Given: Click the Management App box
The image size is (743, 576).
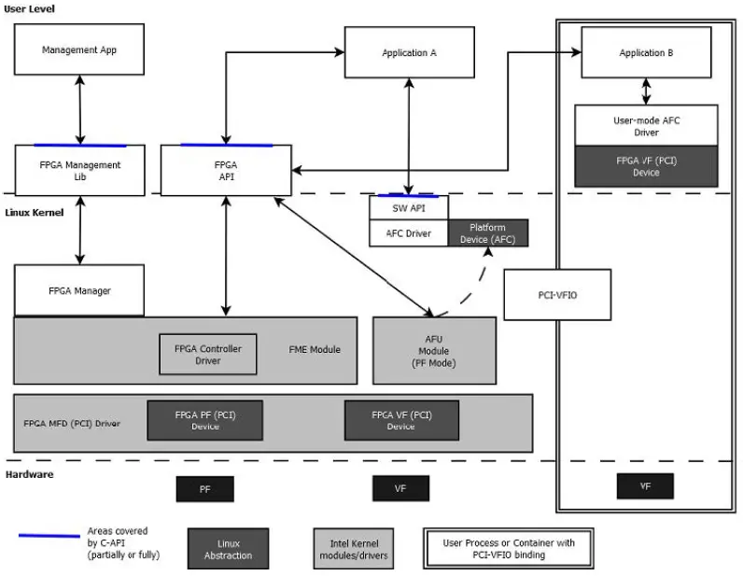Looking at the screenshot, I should (79, 50).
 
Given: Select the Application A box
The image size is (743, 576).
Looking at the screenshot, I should (409, 52).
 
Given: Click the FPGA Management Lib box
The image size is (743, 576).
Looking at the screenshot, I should (79, 170).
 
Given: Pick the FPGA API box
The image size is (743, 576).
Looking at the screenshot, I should (227, 170).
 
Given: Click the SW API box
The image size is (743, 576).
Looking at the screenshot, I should (409, 207).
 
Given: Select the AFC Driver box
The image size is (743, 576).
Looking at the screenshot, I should (409, 233).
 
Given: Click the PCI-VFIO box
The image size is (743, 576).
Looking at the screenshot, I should (557, 295).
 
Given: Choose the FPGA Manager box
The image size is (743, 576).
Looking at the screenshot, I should (79, 290).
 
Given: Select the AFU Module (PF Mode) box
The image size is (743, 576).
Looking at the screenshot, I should (433, 350).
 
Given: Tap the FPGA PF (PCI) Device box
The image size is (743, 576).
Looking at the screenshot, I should (205, 420).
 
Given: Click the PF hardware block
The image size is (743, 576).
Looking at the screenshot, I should (204, 488).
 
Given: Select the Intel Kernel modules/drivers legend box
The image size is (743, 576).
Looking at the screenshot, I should (353, 548).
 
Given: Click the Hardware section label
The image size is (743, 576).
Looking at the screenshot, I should (30, 474).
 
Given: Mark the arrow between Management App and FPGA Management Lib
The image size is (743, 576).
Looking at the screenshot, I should (80, 110).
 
